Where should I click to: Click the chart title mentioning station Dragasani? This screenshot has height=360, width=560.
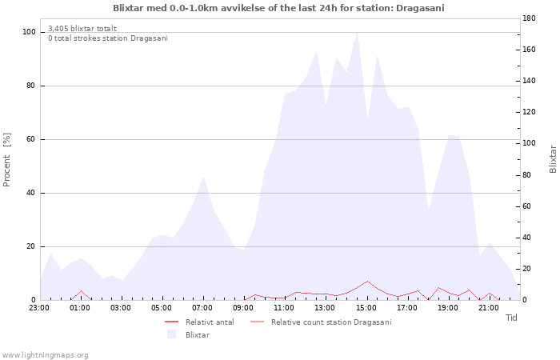(278, 8)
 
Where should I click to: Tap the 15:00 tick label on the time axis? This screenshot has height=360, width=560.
(366, 308)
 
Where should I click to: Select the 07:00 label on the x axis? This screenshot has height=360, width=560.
(202, 308)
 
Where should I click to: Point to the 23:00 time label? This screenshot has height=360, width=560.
(39, 308)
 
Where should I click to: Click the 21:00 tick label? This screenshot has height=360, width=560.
(489, 308)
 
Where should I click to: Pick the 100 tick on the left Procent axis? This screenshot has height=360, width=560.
(29, 32)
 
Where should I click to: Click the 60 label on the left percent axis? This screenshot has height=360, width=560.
(30, 139)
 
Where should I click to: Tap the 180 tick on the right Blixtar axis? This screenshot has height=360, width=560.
(529, 18)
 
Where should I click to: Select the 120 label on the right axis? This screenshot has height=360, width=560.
(529, 112)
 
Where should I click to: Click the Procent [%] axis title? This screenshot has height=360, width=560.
(6, 159)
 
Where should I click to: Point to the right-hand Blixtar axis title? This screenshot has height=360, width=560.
(553, 159)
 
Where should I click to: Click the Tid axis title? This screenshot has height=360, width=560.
(511, 318)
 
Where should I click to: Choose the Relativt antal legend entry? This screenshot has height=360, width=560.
(210, 322)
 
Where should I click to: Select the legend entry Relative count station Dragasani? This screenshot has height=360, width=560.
(331, 322)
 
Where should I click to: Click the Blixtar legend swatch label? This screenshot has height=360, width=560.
(198, 335)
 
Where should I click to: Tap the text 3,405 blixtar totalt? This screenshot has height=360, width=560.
(82, 29)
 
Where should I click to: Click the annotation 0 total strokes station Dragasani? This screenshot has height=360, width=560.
(108, 38)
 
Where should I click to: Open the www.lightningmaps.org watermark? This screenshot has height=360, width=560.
(44, 355)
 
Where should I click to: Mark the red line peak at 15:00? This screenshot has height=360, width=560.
(367, 281)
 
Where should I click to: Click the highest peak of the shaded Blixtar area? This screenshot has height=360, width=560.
(357, 32)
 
